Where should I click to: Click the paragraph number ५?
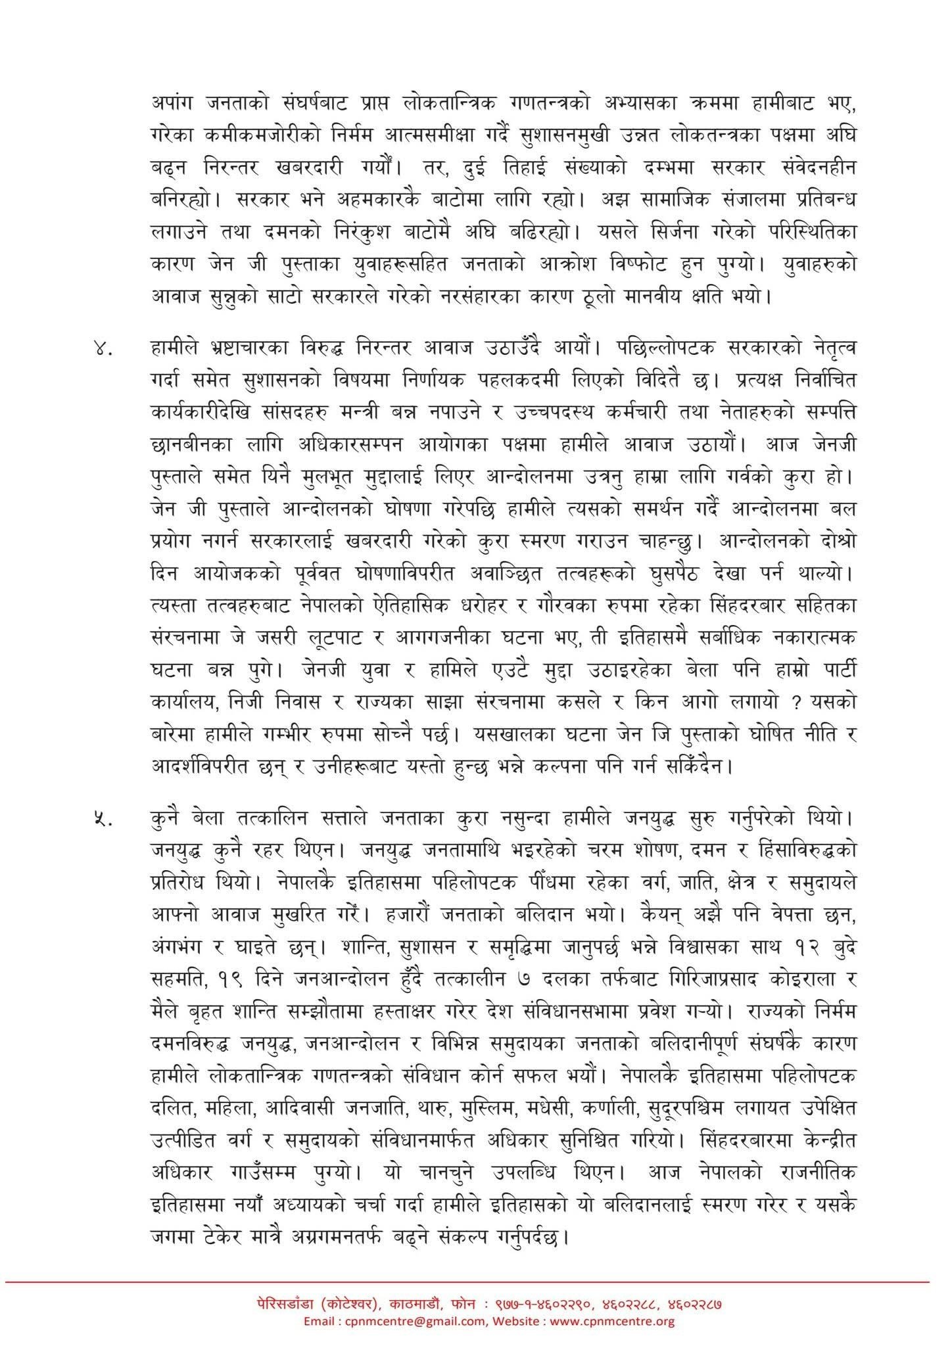[x=103, y=820]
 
